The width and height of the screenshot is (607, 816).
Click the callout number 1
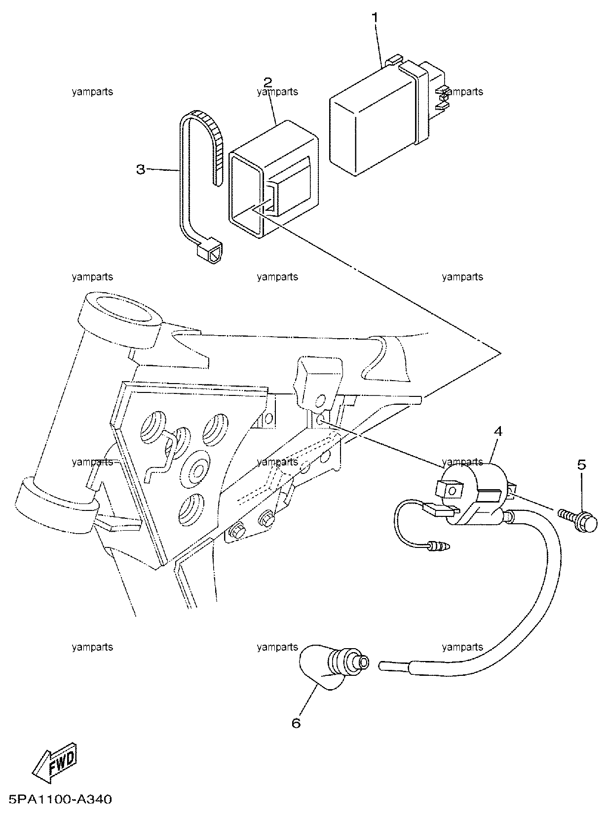click(x=375, y=17)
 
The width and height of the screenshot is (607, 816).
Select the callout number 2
click(x=268, y=82)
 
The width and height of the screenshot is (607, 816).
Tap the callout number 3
click(x=141, y=170)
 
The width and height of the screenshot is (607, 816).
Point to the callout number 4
click(x=498, y=431)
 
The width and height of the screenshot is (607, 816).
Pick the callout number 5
click(x=581, y=465)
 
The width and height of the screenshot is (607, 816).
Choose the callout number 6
click(x=296, y=723)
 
